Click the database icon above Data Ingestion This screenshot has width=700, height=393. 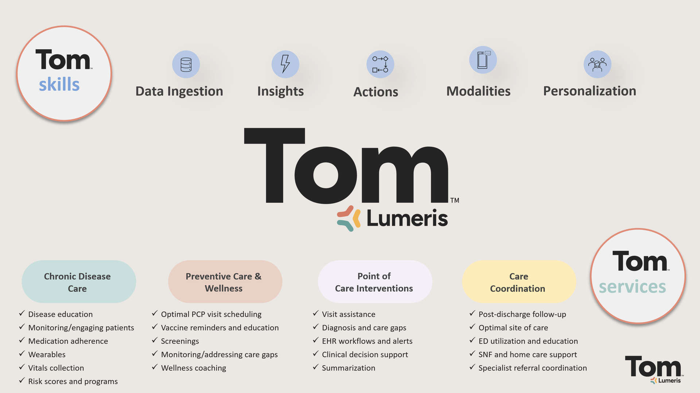186,64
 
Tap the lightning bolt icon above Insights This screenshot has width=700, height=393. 285,64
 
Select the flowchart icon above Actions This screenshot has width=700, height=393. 380,64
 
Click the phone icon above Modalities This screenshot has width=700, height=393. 483,60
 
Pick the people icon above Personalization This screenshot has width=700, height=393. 598,64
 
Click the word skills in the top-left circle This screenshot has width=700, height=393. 59,84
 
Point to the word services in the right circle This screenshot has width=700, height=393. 633,287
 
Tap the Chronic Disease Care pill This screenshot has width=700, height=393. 79,281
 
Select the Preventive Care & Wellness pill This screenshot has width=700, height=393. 225,281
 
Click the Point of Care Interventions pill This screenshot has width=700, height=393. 375,281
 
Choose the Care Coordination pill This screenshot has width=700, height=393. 519,281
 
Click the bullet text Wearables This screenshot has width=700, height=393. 47,354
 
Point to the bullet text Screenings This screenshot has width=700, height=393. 180,341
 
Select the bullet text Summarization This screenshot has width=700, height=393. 349,368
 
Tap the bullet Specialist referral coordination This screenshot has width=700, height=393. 533,368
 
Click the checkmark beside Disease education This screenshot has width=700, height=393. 22,314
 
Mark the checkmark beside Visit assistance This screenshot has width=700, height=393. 316,314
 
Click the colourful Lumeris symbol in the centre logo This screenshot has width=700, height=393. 349,218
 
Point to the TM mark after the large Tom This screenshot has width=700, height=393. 455,200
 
